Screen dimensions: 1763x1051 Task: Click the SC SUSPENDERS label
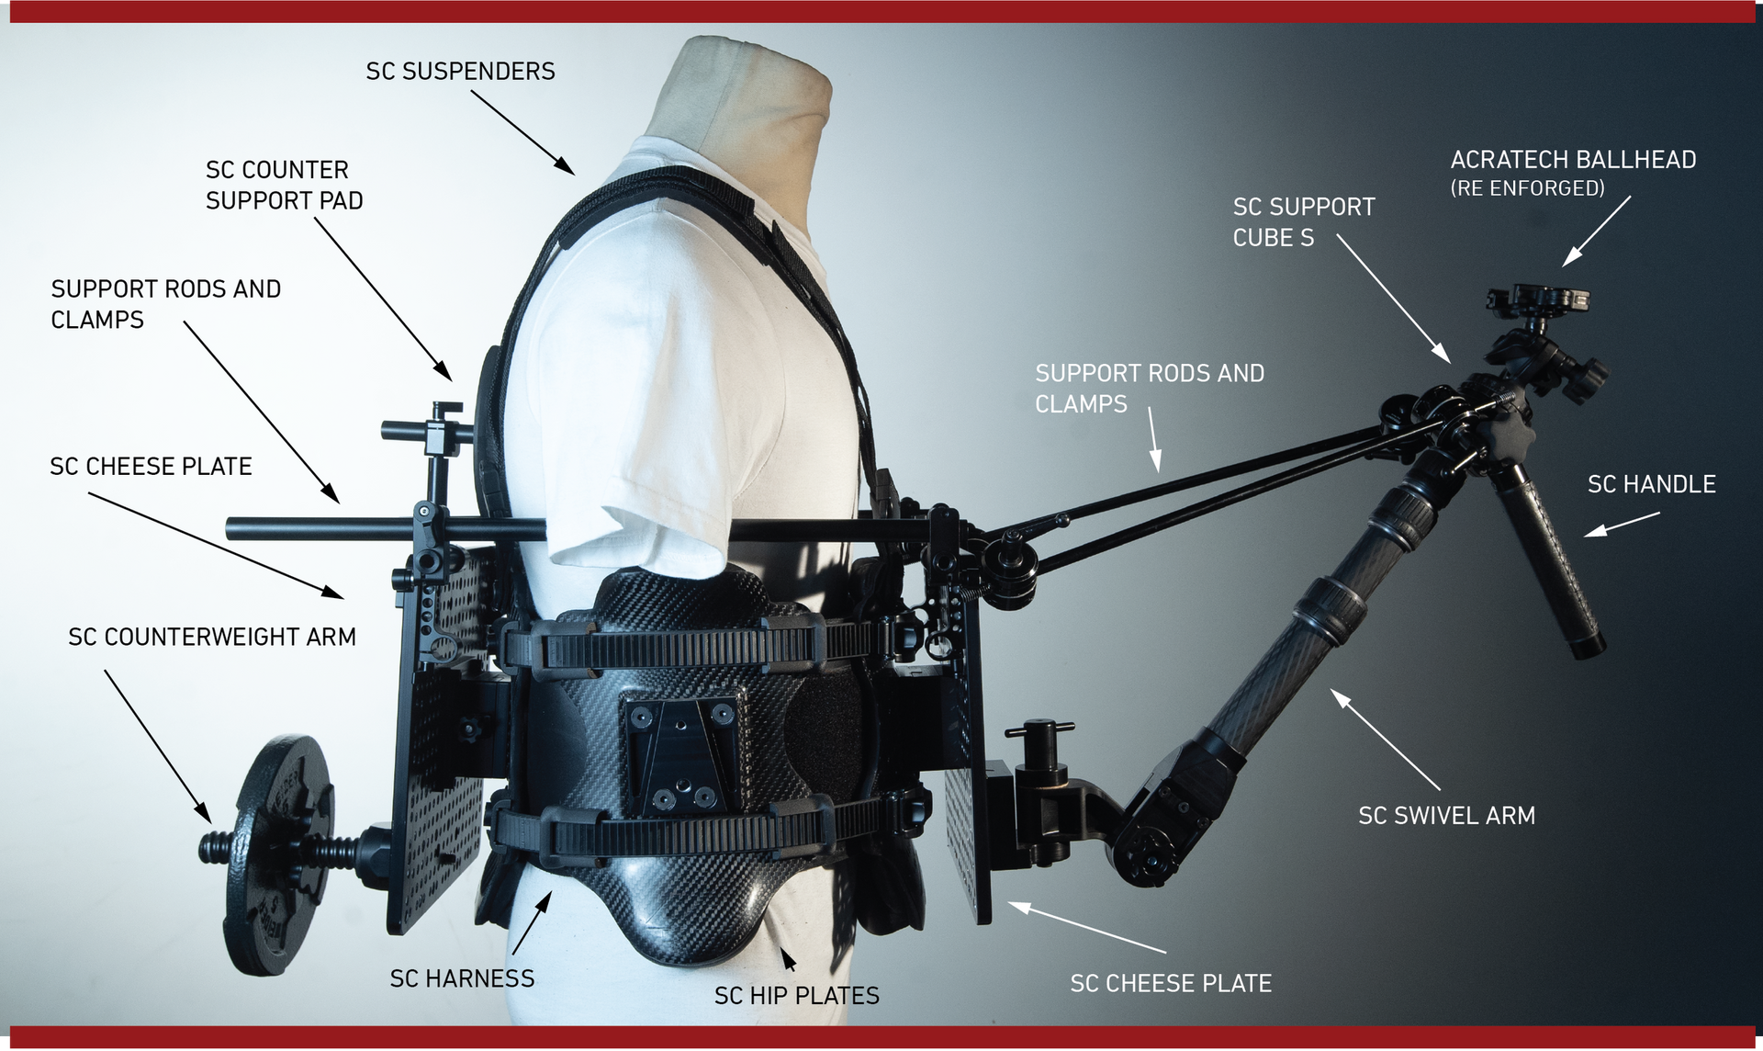460,71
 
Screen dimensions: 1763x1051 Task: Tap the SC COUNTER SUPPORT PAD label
284,185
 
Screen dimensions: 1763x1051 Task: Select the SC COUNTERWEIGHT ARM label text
212,637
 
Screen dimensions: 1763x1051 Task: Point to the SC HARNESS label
462,978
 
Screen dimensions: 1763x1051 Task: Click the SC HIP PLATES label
796,995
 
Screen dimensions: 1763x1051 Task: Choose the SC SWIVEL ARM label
1446,815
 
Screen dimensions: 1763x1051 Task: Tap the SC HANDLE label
1651,484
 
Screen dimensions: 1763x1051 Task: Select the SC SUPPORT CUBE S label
1303,222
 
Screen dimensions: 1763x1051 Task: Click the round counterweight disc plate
271,854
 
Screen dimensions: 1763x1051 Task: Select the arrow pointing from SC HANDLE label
1622,525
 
